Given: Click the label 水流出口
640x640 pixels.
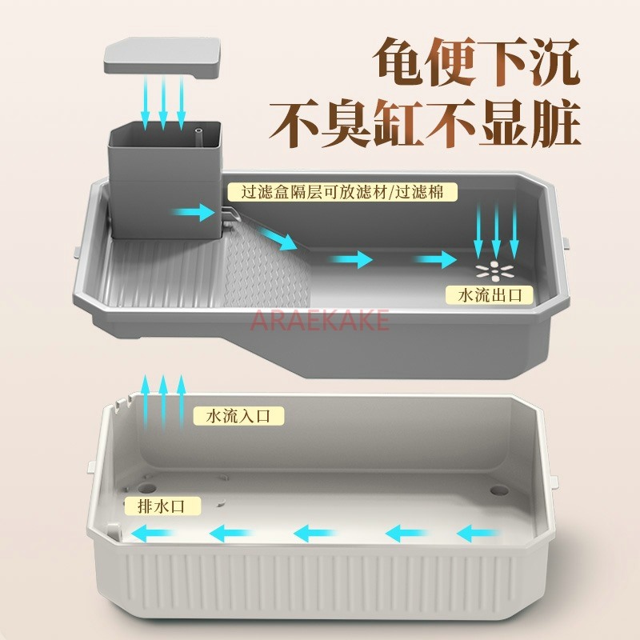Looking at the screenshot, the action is coord(490,295).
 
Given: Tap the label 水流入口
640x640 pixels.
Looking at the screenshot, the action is coord(238,416).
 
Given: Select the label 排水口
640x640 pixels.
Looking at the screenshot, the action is coord(162,506).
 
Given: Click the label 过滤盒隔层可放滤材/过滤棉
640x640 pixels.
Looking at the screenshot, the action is coord(342,192).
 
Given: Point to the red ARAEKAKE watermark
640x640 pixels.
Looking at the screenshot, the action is coord(320,319).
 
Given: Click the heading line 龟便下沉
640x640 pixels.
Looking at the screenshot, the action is coord(477,62).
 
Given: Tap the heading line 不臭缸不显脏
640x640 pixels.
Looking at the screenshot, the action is coord(425,123).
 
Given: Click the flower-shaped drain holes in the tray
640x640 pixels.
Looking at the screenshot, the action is coord(494,271).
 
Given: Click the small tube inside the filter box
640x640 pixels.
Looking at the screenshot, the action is coord(198,136).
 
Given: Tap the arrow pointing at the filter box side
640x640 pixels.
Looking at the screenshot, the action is coord(193,213).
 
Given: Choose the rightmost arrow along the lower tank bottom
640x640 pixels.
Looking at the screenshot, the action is coord(478,533).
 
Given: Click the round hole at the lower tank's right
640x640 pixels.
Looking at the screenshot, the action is coord(499,490).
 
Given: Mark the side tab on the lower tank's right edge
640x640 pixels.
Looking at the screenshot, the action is coord(554,482).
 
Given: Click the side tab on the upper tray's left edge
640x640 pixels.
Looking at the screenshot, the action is coord(77,251).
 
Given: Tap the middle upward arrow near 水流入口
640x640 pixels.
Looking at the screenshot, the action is coord(163,402).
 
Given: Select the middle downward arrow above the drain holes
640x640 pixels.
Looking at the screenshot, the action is coord(496,230).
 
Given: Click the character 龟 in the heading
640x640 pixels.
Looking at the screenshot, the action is coord(398,62).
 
